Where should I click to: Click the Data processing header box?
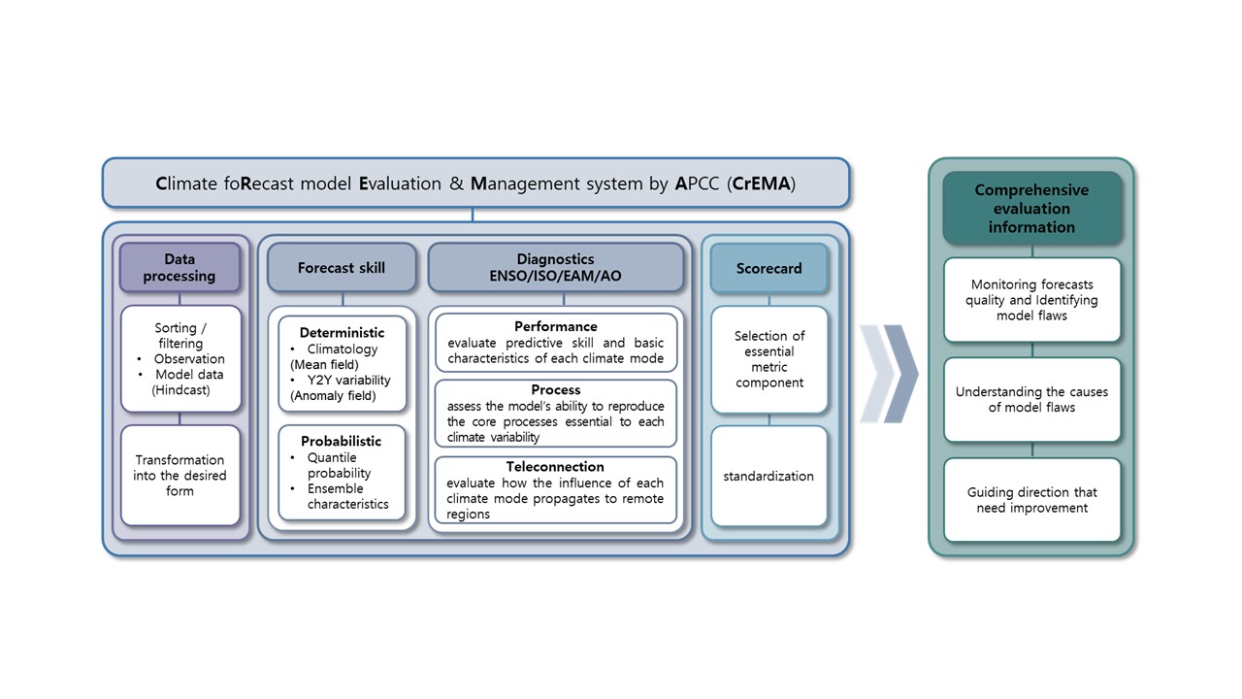click(180, 267)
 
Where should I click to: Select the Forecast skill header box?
click(341, 267)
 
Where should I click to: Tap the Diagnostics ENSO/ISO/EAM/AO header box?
click(556, 267)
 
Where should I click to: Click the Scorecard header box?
click(769, 269)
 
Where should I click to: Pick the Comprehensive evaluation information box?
click(1031, 208)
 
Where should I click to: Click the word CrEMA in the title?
click(761, 183)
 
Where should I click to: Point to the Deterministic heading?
click(342, 333)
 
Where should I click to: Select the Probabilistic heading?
click(341, 441)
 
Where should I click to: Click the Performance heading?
click(556, 326)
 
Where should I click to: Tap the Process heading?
click(556, 389)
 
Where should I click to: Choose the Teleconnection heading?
click(555, 467)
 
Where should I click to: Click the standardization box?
click(769, 476)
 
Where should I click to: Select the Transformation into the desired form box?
click(180, 476)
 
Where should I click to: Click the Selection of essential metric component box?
click(769, 359)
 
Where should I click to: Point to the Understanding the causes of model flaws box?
click(1031, 399)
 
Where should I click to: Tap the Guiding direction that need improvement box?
click(1031, 500)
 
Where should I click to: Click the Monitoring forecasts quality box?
click(1031, 300)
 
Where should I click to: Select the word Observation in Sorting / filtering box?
click(189, 359)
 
